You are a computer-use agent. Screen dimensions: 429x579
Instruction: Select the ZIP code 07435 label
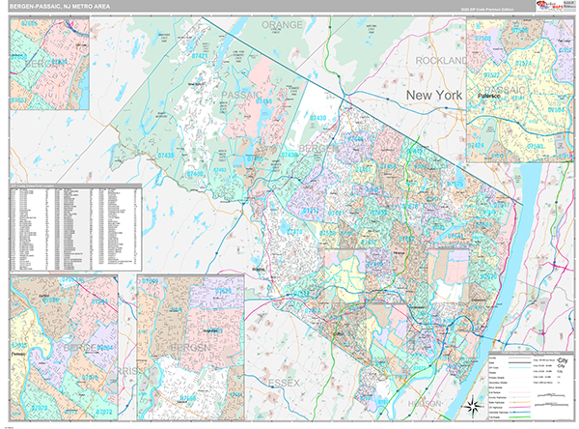coord(167,155)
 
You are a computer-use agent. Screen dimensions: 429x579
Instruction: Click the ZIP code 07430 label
coord(317,117)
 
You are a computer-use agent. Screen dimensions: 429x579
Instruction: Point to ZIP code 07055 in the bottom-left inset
coord(19,344)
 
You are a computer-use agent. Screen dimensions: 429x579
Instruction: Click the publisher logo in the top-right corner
coord(555,7)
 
